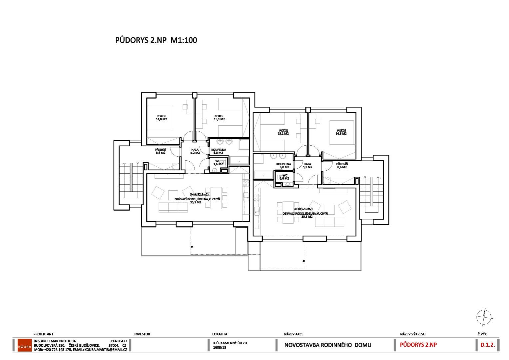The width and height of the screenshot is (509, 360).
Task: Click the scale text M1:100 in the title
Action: click(x=184, y=40)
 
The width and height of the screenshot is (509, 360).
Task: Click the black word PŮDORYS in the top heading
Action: click(x=132, y=40)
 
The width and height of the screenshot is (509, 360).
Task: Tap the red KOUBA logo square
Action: click(x=25, y=345)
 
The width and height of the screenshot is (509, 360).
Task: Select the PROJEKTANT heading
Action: click(x=43, y=334)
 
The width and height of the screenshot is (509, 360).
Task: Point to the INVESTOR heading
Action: click(x=142, y=334)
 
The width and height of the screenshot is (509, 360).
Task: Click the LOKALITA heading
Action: click(x=220, y=334)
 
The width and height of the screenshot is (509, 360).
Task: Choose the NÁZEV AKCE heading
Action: click(x=293, y=334)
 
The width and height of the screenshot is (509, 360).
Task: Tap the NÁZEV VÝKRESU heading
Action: click(x=413, y=334)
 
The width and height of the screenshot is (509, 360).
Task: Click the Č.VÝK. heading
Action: click(x=482, y=334)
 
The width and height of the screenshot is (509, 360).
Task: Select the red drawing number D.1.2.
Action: click(x=487, y=345)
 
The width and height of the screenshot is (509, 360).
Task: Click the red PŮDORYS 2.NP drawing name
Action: click(x=418, y=345)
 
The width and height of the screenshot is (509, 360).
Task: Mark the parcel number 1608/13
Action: click(x=220, y=347)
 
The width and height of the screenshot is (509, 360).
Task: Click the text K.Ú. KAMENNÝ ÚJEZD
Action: click(x=230, y=343)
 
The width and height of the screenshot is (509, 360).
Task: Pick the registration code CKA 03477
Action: click(x=119, y=341)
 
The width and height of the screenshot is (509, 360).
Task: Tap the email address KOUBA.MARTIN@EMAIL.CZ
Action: click(x=106, y=350)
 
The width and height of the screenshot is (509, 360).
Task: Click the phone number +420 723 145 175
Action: click(x=57, y=350)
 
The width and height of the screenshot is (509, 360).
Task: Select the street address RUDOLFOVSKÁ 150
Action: click(x=49, y=345)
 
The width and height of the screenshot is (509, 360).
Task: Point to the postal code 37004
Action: click(x=113, y=345)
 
